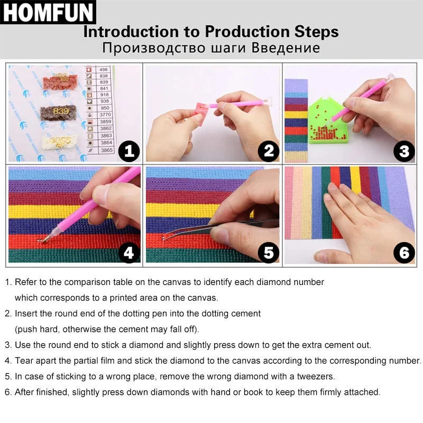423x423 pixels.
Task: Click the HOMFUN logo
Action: tap(48, 13)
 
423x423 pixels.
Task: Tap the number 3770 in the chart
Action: tap(105, 114)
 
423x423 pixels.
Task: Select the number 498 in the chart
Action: tap(104, 69)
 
